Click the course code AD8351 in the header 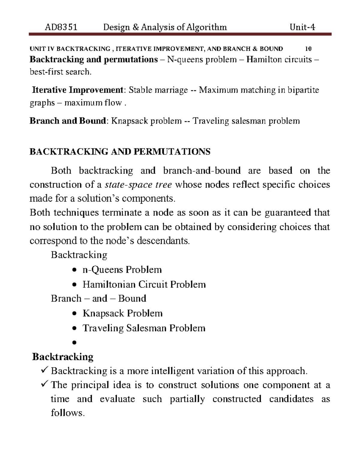(61, 28)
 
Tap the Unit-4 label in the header (302, 28)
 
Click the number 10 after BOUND (308, 49)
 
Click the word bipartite (303, 90)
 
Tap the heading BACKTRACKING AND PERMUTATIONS (120, 152)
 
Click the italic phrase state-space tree (138, 185)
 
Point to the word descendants (163, 241)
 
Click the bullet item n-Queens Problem (122, 270)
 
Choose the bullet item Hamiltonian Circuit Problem (144, 284)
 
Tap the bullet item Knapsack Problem (122, 314)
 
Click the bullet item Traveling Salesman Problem (144, 328)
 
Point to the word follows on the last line (68, 413)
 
